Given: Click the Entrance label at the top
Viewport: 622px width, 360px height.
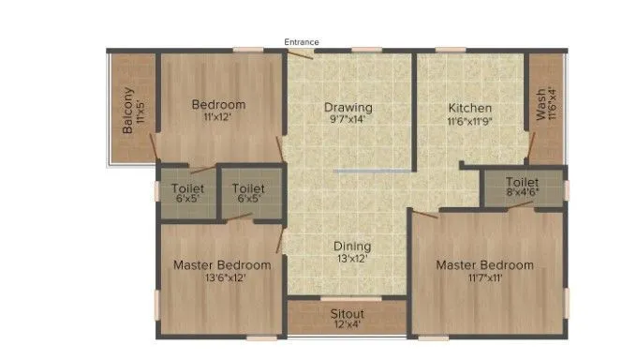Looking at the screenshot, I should tap(302, 42).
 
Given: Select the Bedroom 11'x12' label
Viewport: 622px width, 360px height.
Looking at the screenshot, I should tap(218, 104).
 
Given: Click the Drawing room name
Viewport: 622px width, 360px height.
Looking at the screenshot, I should tap(348, 106).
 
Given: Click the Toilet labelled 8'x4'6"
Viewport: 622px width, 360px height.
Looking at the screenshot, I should tap(522, 182).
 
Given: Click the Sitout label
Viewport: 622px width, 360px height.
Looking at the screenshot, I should tap(347, 313).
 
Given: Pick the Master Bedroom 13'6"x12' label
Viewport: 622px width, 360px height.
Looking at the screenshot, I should tap(222, 264).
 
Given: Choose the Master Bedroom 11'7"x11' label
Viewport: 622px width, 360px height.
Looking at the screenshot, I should tap(485, 264).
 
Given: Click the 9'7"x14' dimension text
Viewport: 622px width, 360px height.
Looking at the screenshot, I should tap(348, 120).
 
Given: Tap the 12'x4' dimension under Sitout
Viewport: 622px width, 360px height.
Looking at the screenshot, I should tap(347, 325).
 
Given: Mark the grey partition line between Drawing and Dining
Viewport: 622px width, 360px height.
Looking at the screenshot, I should tap(372, 171).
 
